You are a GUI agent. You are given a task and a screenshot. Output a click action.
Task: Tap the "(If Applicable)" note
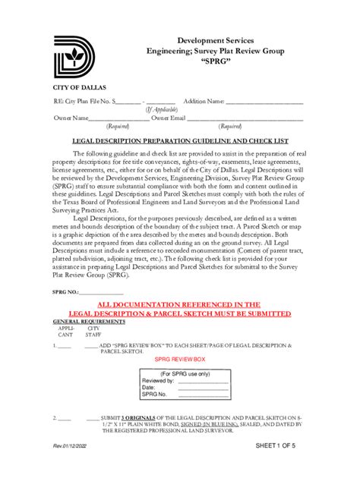pyautogui.click(x=162, y=109)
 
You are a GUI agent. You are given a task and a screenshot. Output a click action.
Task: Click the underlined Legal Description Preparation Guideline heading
pyautogui.click(x=181, y=140)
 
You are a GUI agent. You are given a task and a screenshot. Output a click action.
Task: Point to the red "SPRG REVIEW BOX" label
pyautogui.click(x=180, y=357)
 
